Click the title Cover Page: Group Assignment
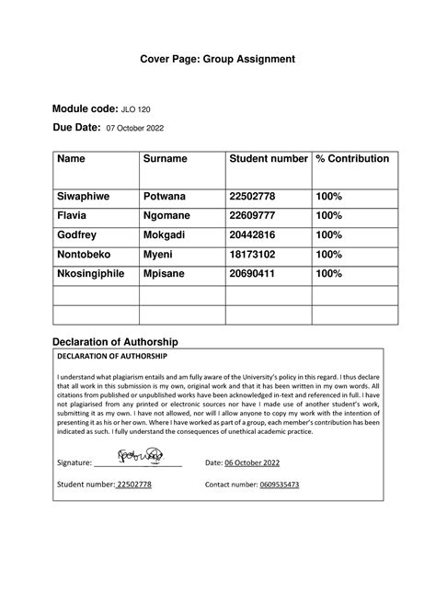217,59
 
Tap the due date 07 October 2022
135,130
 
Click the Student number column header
268,159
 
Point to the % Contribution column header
352,159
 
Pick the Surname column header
166,159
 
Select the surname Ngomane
172,215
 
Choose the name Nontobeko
89,254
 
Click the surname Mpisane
168,273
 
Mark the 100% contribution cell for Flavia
328,215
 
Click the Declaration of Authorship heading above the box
121,341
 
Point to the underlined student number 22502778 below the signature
133,485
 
